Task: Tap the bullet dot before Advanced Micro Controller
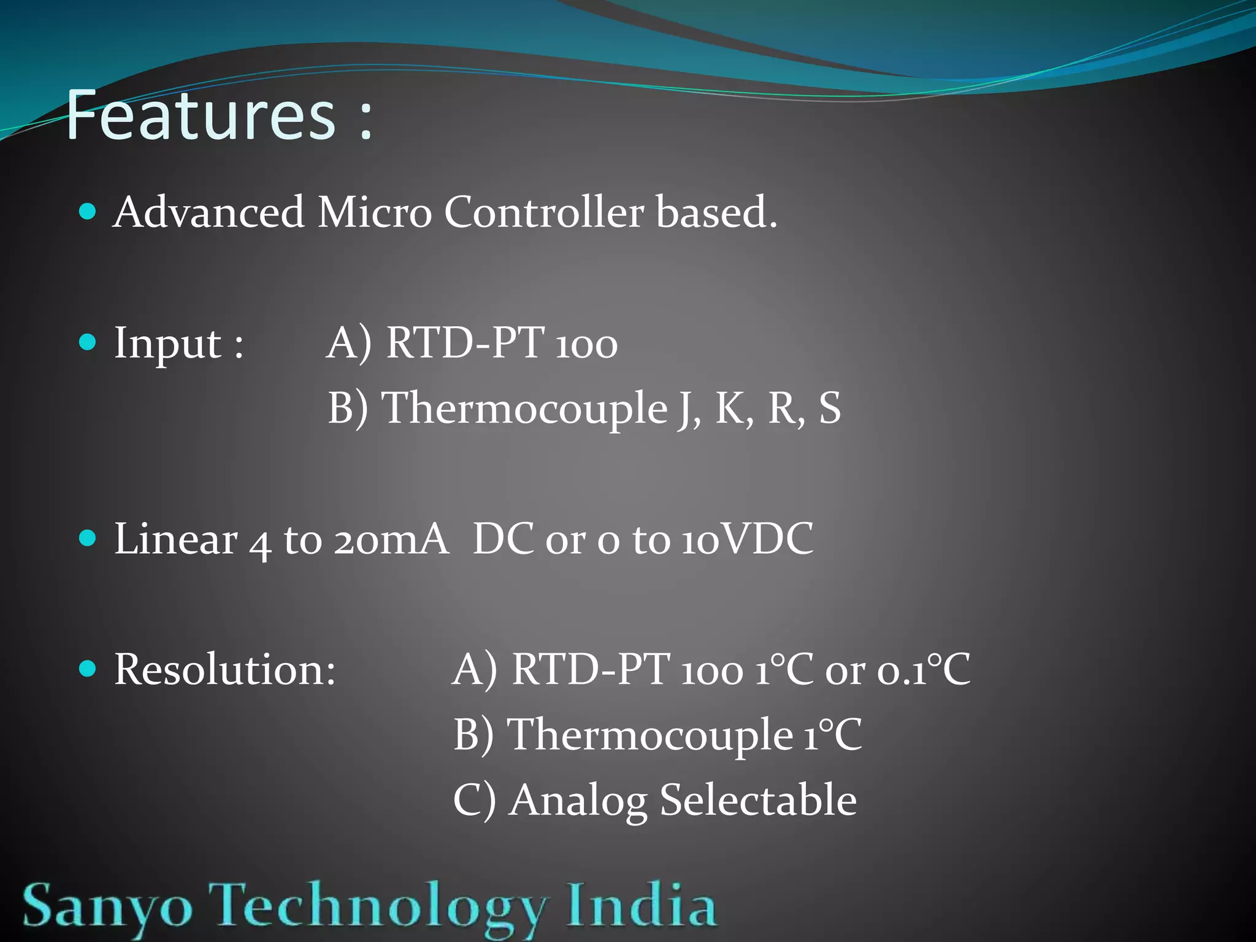point(88,212)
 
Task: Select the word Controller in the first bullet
point(543,212)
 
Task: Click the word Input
point(167,343)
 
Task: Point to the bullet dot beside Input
point(88,342)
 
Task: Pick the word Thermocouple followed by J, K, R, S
point(524,408)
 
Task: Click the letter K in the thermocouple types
point(730,408)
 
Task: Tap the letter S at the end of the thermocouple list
point(830,408)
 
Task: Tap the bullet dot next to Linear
point(88,538)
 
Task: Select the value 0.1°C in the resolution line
point(924,669)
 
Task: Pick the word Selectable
point(758,800)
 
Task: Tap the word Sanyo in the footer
point(107,906)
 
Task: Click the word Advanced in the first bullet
point(209,212)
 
